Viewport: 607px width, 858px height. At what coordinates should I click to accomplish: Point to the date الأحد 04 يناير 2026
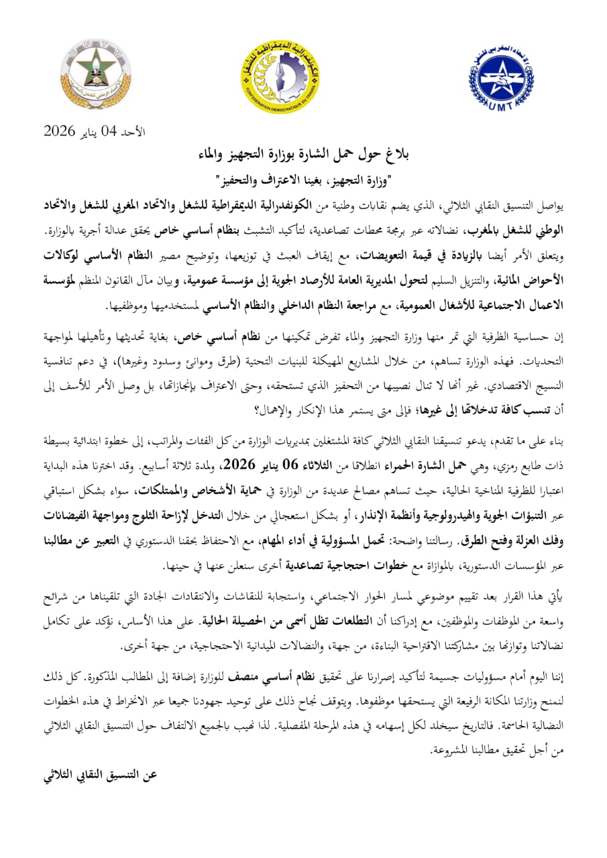pyautogui.click(x=95, y=130)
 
